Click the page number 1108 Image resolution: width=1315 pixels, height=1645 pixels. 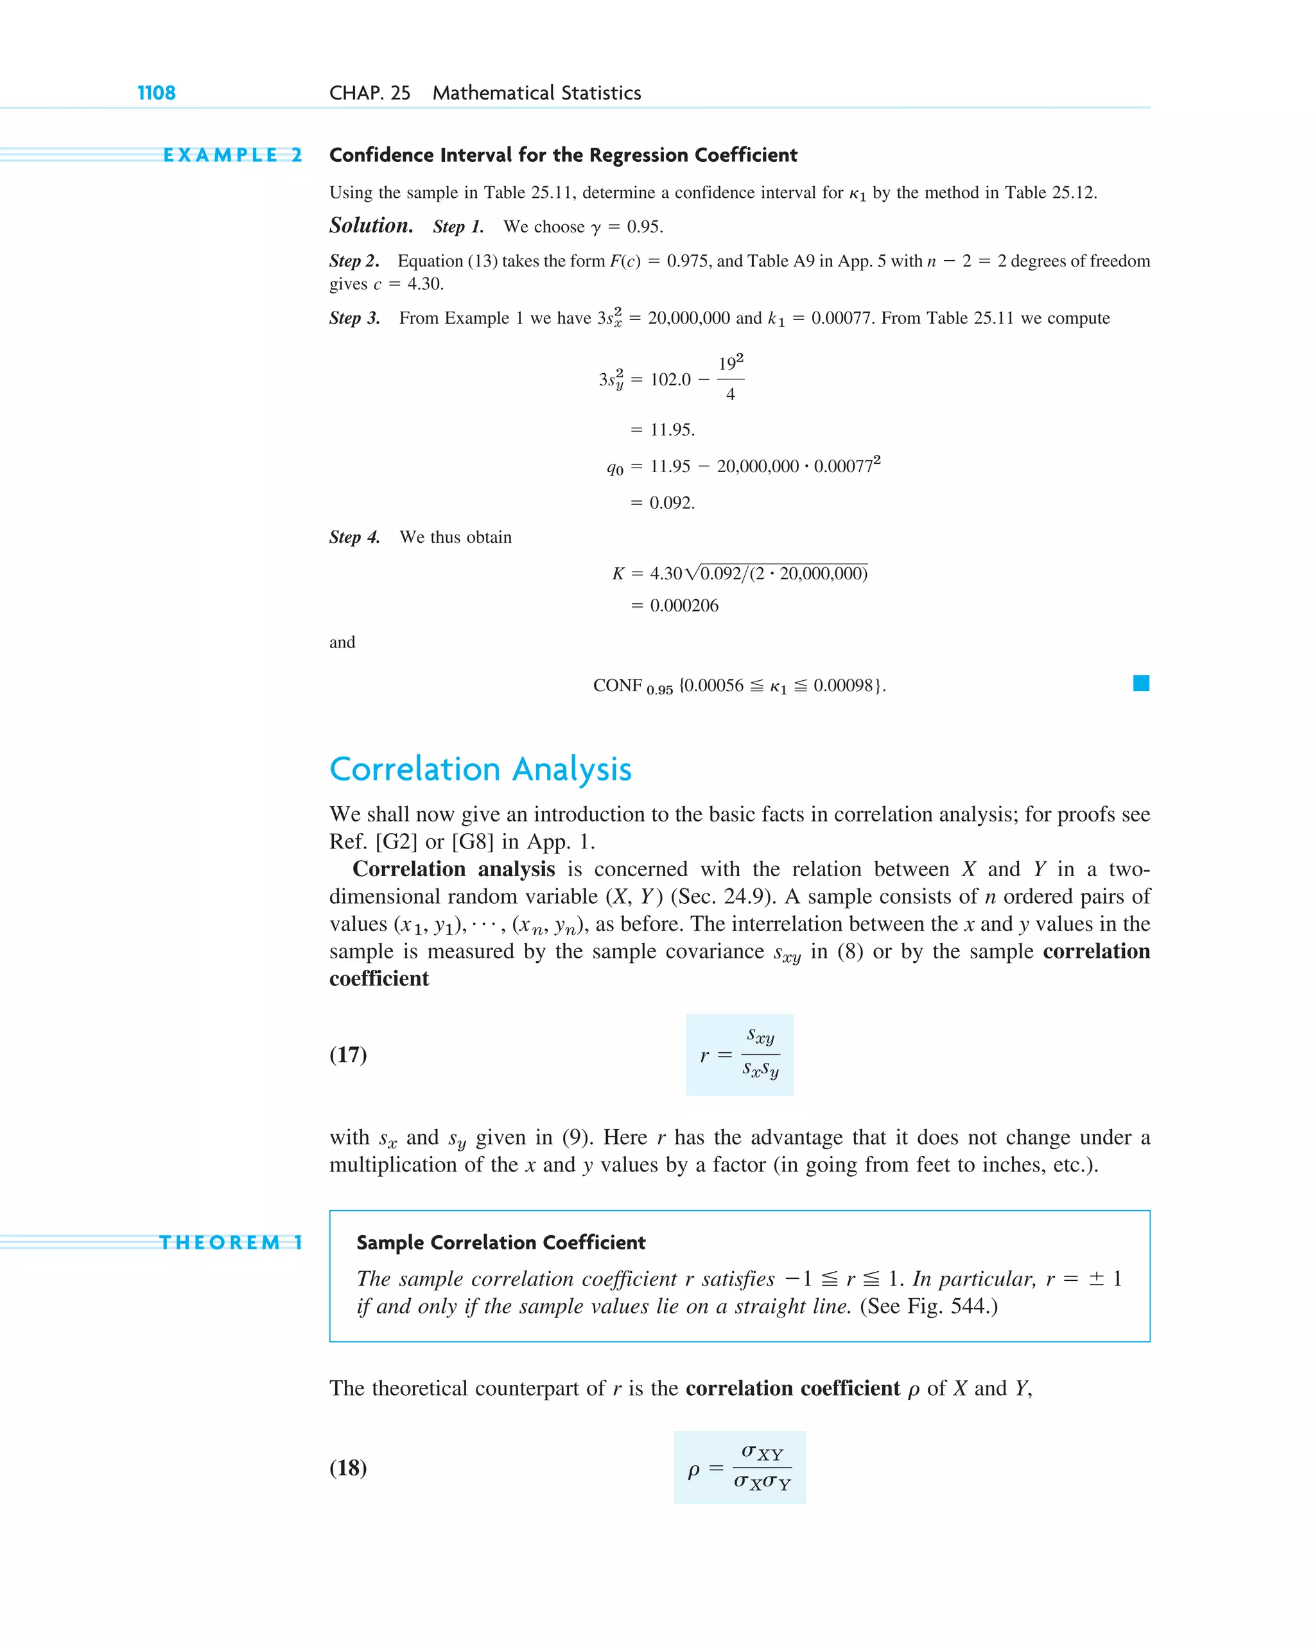tap(157, 93)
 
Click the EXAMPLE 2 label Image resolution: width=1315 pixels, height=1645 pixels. tap(232, 155)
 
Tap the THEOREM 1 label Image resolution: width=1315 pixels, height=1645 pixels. tap(231, 1242)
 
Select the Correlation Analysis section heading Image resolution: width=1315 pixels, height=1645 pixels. tap(480, 769)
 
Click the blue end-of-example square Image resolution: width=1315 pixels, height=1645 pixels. tap(1140, 683)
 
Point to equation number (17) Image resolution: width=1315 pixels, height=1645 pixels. tap(348, 1055)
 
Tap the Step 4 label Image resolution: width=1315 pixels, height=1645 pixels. tap(354, 537)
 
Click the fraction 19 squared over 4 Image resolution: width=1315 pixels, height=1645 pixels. tap(730, 378)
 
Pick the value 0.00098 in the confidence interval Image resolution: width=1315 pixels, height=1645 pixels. tap(842, 685)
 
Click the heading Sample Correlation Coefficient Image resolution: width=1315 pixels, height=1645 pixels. tap(500, 1242)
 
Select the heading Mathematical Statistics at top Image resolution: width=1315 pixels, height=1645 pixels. tap(536, 93)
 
